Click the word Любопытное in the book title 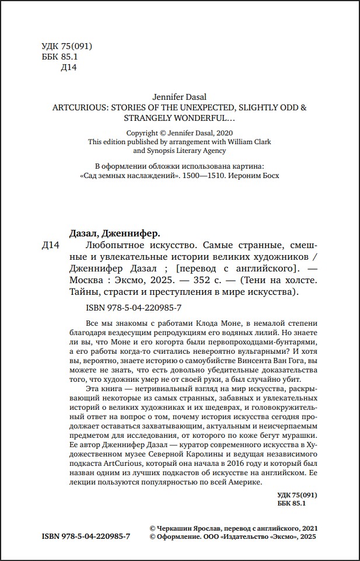point(112,246)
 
